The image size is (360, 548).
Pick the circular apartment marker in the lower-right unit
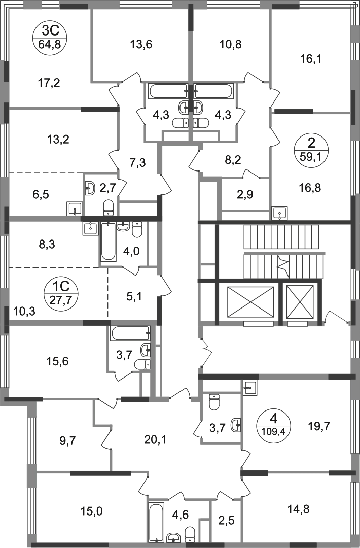(274, 423)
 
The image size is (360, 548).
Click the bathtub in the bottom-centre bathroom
(156, 520)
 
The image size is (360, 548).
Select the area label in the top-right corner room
(310, 60)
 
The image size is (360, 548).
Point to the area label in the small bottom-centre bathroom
(180, 513)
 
